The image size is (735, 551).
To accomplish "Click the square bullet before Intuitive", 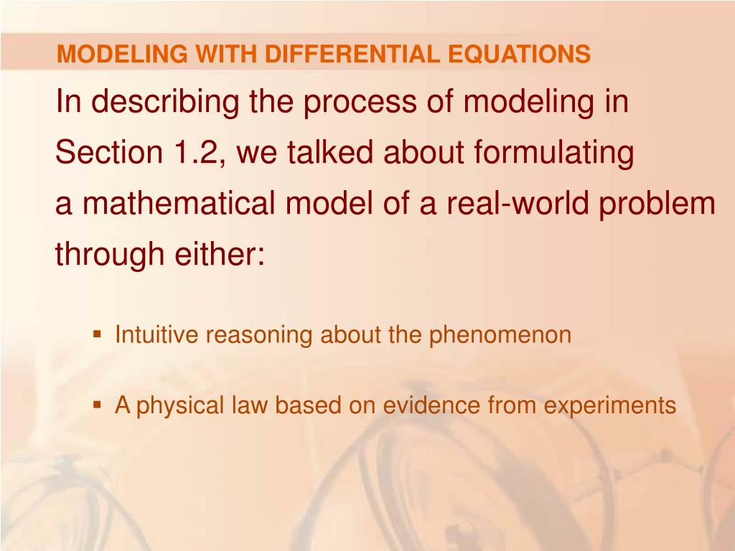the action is pyautogui.click(x=97, y=334).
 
